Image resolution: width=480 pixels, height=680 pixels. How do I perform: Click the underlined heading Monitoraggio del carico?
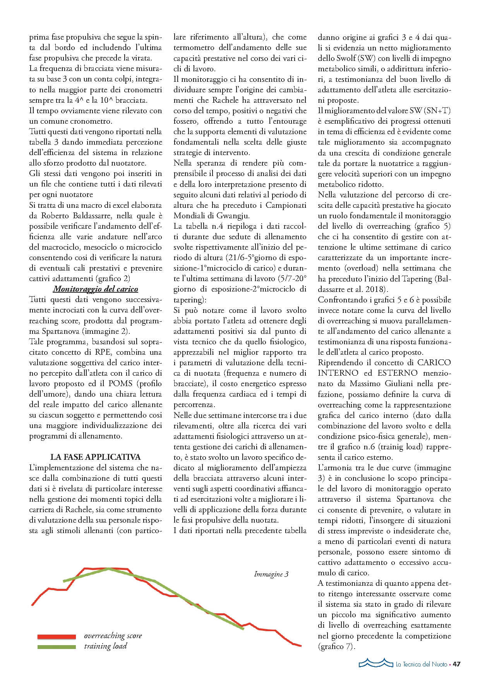pyautogui.click(x=95, y=289)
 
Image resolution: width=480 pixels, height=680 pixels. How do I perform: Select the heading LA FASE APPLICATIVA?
pyautogui.click(x=95, y=457)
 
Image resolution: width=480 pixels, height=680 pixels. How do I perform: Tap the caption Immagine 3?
pyautogui.click(x=271, y=574)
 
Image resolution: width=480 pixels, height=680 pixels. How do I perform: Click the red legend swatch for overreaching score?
pyautogui.click(x=57, y=637)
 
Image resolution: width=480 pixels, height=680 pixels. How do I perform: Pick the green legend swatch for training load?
pyautogui.click(x=57, y=647)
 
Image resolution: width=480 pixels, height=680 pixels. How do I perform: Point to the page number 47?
pyautogui.click(x=457, y=664)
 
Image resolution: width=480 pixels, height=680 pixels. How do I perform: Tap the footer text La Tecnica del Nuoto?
pyautogui.click(x=421, y=664)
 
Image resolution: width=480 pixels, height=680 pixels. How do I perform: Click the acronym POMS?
pyautogui.click(x=120, y=383)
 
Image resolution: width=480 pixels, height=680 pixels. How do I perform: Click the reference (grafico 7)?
pyautogui.click(x=336, y=646)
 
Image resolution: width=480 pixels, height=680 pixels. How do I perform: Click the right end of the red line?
pyautogui.click(x=301, y=646)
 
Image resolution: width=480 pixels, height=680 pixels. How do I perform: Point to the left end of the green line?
pyautogui.click(x=64, y=581)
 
